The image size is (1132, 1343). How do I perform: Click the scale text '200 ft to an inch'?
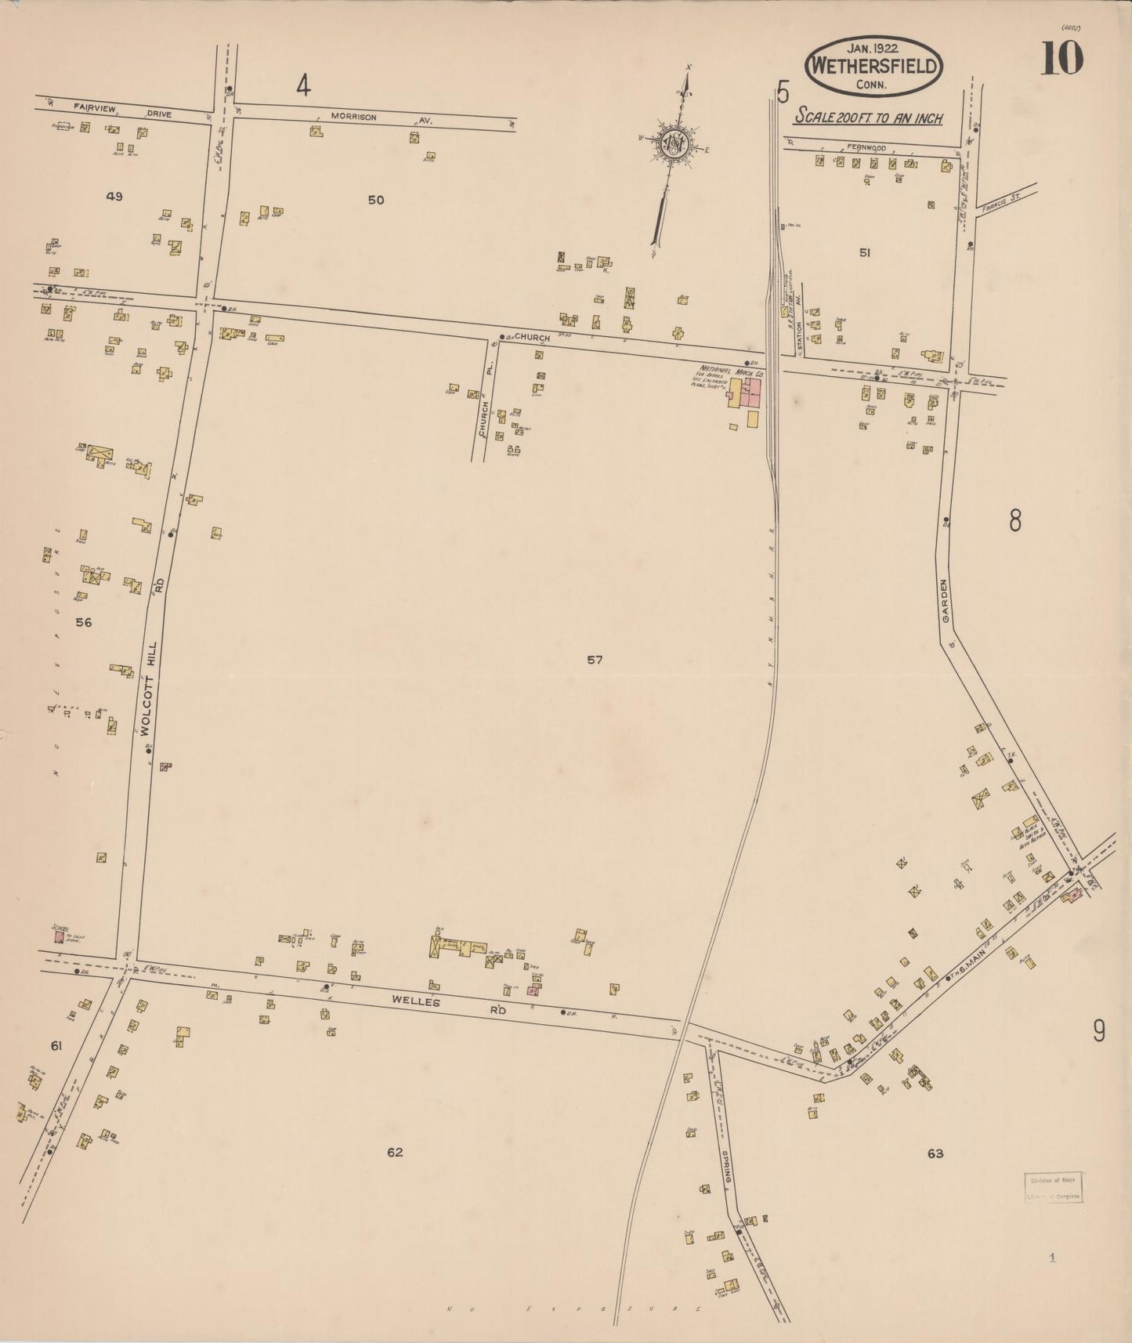tap(869, 118)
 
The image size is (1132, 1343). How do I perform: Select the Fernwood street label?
tap(866, 147)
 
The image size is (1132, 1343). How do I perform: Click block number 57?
tap(595, 660)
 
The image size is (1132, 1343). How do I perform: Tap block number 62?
tap(395, 1152)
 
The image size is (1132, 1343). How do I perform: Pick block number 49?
tap(114, 197)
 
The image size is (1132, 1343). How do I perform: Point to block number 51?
tap(864, 252)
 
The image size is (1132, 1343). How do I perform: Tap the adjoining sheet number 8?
tap(1014, 520)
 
